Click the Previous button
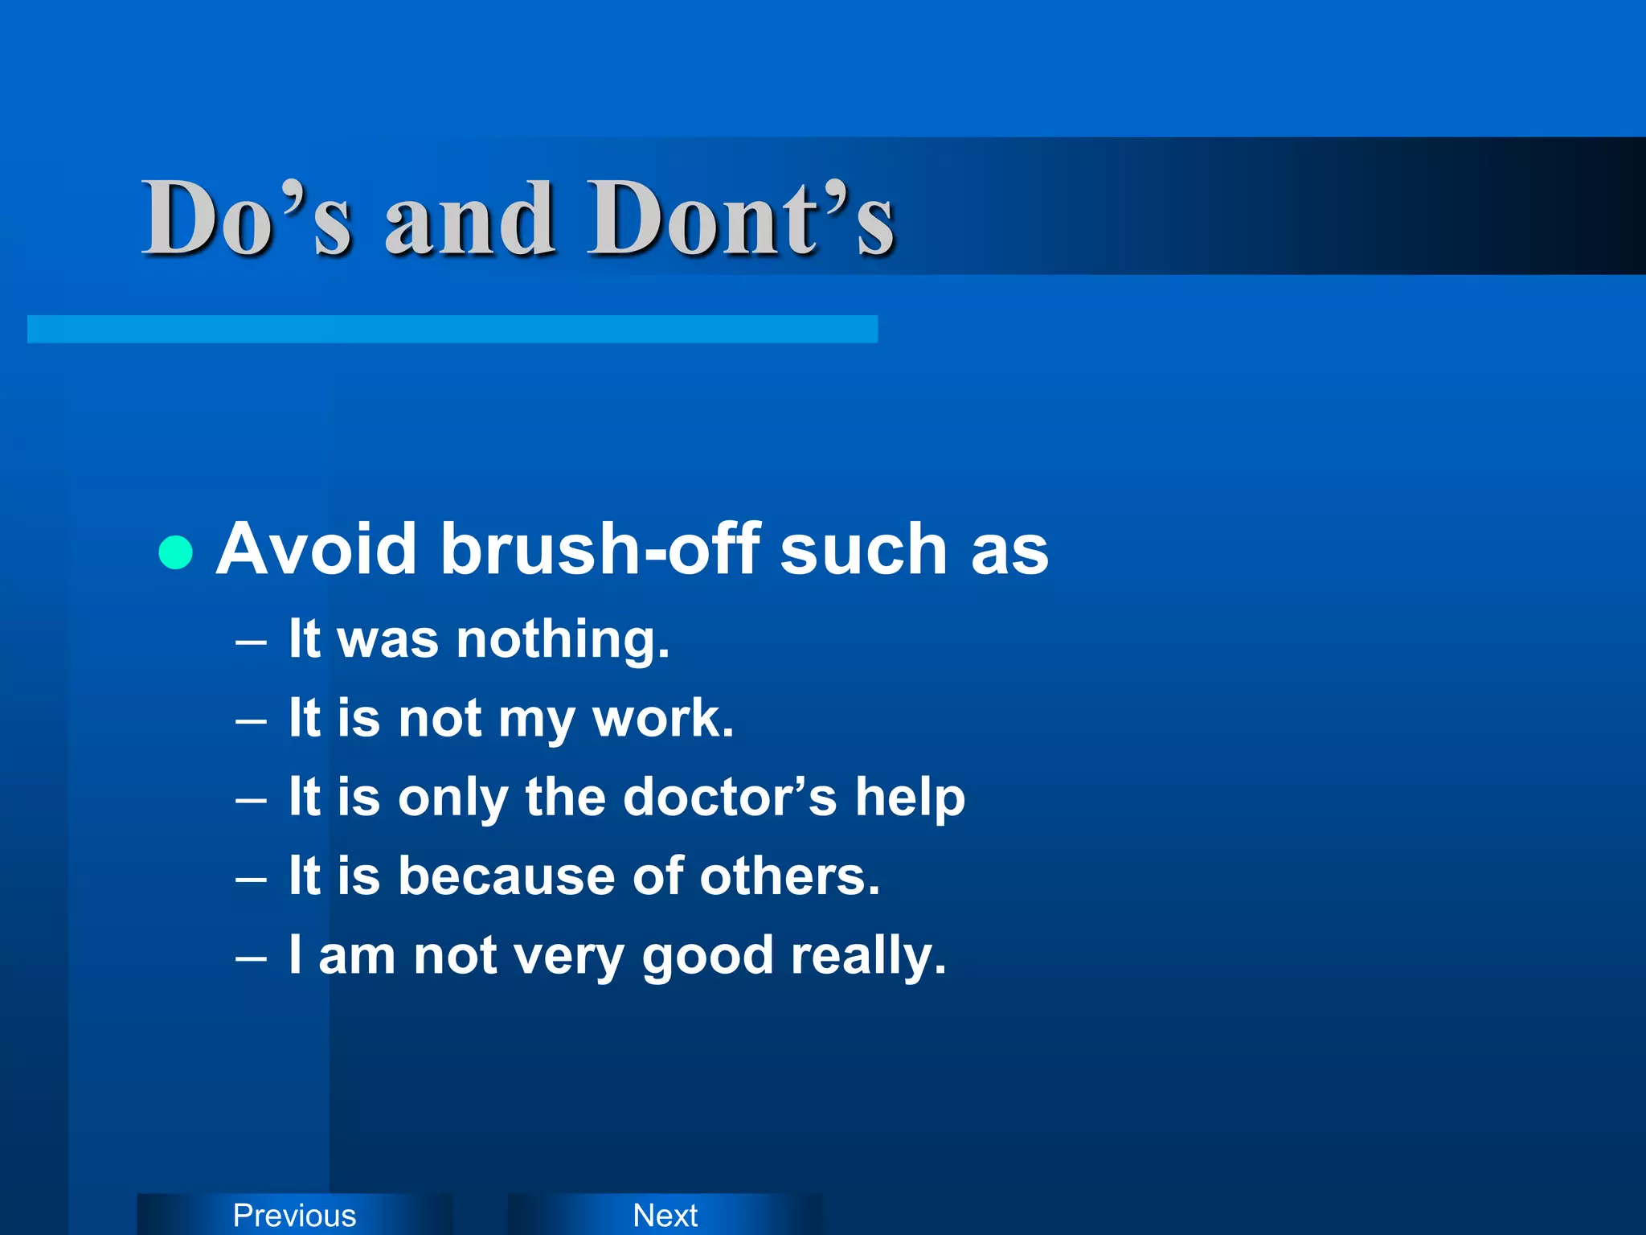[x=294, y=1215]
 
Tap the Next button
[x=665, y=1215]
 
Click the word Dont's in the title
[x=740, y=219]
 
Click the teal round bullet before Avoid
[x=176, y=552]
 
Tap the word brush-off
[x=600, y=549]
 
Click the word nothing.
[x=563, y=640]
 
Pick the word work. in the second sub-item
[x=663, y=718]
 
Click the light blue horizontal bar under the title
[x=452, y=329]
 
